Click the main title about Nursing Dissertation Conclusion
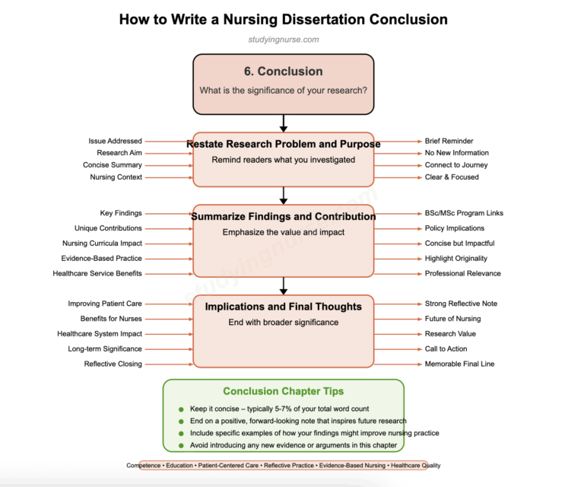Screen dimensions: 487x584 pos(283,19)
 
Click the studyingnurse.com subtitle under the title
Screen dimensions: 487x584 pos(283,40)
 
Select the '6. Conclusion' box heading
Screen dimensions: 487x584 pos(283,72)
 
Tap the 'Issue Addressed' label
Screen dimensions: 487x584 pos(115,141)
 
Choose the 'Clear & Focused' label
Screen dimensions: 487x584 pos(452,177)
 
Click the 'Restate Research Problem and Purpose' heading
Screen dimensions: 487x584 pos(283,144)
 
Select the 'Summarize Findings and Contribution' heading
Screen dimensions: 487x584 pos(283,216)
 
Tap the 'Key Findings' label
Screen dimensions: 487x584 pos(121,213)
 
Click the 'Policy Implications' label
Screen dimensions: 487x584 pos(455,228)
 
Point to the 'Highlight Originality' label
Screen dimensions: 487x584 pos(456,259)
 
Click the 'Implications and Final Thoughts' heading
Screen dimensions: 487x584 pos(283,307)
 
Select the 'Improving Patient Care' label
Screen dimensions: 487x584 pos(105,304)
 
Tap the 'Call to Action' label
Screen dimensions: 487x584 pos(446,349)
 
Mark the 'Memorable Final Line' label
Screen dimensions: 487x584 pos(459,364)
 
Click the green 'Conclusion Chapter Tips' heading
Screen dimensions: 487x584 pos(283,391)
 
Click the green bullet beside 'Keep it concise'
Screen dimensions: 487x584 pos(181,409)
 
